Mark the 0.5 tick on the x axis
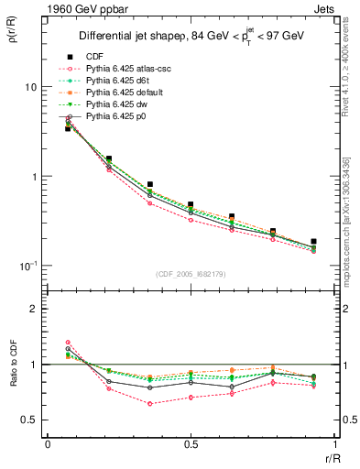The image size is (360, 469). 190,443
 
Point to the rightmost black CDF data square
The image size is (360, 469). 313,242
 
